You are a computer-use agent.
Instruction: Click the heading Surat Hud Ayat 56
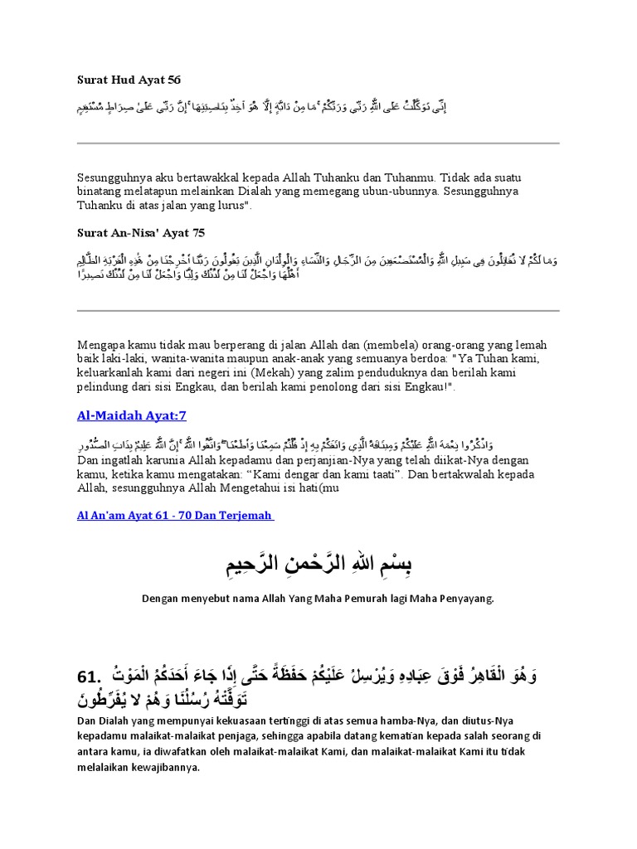tap(129, 80)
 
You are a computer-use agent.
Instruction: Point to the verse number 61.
tap(91, 677)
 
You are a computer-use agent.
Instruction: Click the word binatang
tap(103, 192)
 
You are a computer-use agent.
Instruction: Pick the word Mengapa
tap(104, 344)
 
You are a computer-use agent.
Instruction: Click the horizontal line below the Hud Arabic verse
tap(318, 143)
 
